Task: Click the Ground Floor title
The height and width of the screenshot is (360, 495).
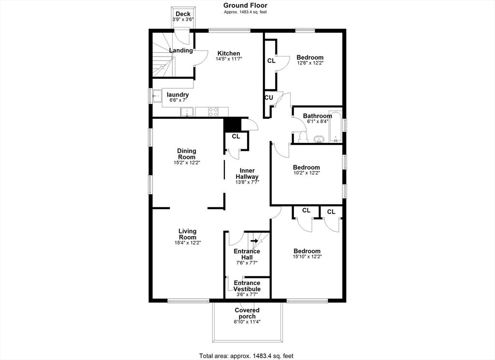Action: click(245, 5)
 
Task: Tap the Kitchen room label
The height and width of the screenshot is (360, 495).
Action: click(229, 53)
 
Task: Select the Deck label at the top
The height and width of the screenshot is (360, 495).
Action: click(183, 14)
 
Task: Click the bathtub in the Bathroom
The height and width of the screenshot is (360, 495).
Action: click(335, 126)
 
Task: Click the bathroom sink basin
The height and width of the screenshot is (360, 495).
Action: click(320, 139)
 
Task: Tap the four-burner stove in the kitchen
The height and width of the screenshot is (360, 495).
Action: click(213, 112)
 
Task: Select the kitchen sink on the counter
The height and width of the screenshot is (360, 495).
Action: click(188, 112)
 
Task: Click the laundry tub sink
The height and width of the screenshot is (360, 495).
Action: click(157, 95)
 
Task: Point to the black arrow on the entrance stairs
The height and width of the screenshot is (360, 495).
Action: click(254, 241)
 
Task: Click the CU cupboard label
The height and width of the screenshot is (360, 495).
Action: click(269, 98)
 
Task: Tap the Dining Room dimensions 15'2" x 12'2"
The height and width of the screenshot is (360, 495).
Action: click(187, 163)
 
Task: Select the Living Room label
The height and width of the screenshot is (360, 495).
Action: click(188, 234)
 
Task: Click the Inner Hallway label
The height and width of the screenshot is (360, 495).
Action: click(247, 173)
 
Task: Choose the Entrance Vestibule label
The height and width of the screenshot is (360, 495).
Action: click(247, 286)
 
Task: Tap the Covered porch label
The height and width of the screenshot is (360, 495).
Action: click(247, 313)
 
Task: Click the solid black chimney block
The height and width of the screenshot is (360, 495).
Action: click(233, 124)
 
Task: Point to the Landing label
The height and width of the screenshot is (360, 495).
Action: click(181, 50)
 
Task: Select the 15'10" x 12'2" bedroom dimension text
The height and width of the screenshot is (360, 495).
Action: click(307, 257)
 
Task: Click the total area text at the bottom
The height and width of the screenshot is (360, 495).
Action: click(246, 356)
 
